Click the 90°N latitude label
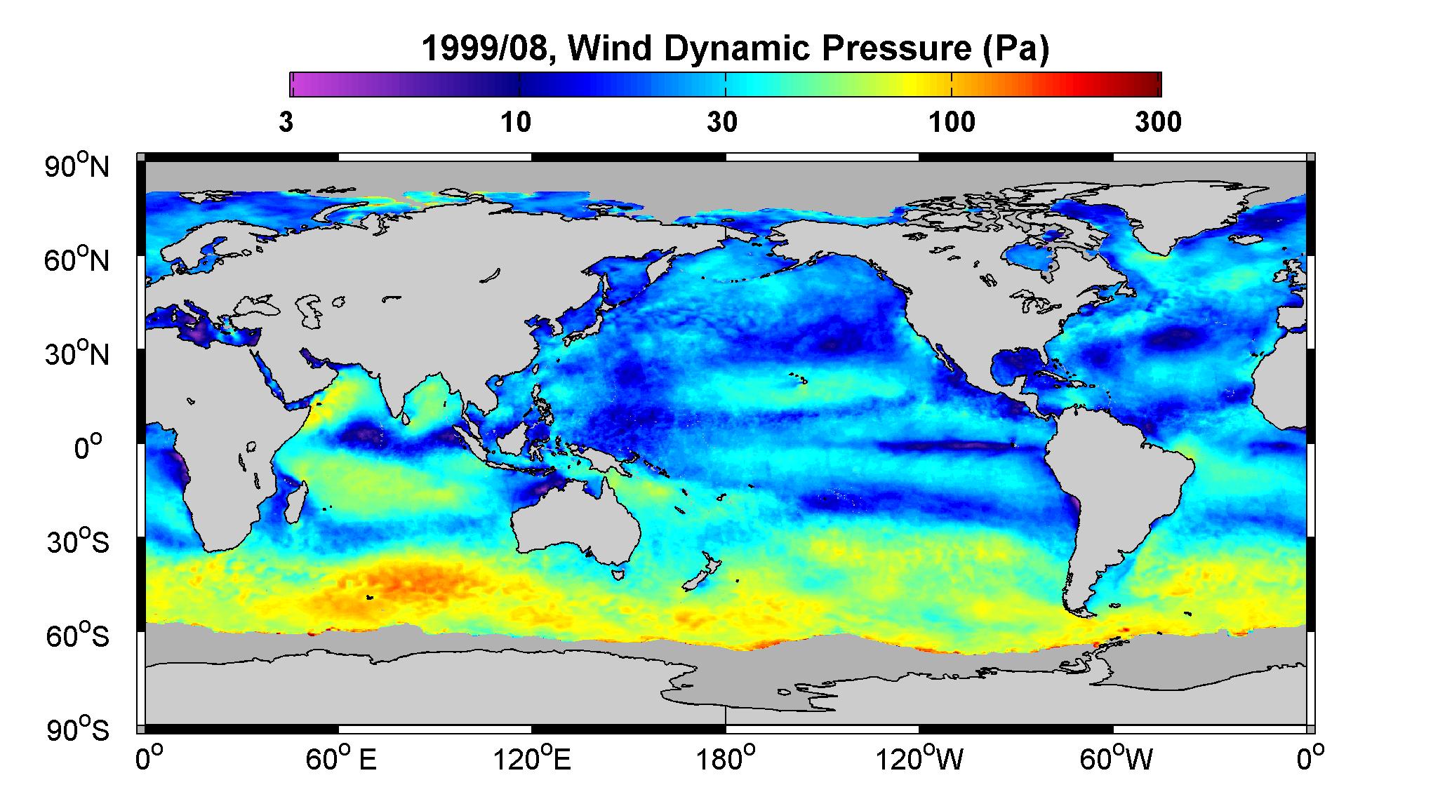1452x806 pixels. [77, 166]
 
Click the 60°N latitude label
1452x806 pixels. [77, 260]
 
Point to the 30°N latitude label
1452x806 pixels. [77, 354]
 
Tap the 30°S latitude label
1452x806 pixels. [78, 542]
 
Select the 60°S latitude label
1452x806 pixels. [78, 636]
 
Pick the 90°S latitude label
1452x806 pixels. [78, 730]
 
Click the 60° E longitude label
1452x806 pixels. [340, 760]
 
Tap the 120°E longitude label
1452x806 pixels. [532, 760]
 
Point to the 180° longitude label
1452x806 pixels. [725, 760]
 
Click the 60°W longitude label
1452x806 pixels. [1115, 760]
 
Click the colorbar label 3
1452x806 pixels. [286, 122]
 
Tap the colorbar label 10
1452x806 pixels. [516, 122]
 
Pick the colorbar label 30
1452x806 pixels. [722, 122]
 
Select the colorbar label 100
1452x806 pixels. [952, 122]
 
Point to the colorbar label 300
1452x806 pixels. [1158, 122]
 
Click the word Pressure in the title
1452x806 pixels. [887, 48]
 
